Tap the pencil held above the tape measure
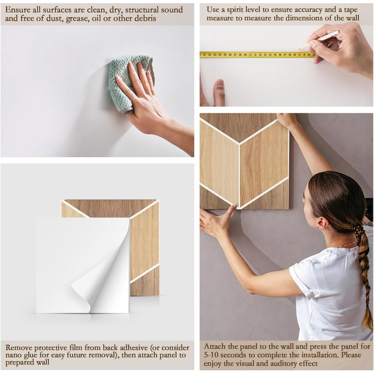319,40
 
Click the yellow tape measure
258,54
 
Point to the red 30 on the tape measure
250,55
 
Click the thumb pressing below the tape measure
220,92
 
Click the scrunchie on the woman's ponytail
357,230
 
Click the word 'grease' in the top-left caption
77,18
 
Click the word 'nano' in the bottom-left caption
13,355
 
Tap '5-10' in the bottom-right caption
211,355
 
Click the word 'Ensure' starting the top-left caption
18,10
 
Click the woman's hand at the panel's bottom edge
216,221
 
